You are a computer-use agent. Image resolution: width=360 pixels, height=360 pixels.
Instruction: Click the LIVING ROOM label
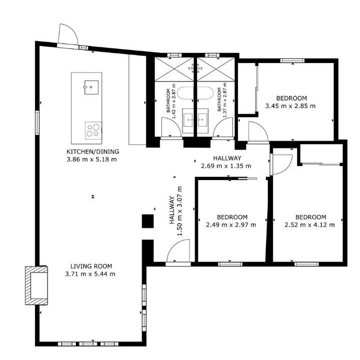click(x=91, y=266)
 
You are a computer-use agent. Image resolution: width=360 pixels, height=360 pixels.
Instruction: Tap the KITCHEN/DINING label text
click(x=93, y=151)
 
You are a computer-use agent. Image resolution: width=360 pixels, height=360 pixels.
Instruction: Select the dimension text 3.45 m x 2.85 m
click(x=290, y=106)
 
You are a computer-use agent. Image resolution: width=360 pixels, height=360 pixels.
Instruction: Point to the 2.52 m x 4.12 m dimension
click(x=309, y=225)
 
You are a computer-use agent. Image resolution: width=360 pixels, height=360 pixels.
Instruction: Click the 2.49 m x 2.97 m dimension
click(x=231, y=225)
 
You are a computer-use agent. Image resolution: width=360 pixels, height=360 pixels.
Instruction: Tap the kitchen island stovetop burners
click(x=93, y=130)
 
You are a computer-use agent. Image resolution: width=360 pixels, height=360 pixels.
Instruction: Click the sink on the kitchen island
click(x=91, y=87)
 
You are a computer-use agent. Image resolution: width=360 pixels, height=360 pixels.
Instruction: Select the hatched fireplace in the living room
click(x=36, y=285)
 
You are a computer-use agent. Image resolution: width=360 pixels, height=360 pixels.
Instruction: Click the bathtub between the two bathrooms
click(x=195, y=93)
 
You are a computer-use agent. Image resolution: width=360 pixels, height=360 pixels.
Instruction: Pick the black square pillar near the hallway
click(x=147, y=221)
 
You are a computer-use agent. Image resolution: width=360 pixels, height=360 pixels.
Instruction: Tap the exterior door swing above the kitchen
click(x=68, y=34)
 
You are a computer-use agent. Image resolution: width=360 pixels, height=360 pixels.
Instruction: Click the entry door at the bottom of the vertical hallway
click(x=178, y=251)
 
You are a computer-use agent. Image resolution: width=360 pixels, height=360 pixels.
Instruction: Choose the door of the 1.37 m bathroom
click(x=223, y=127)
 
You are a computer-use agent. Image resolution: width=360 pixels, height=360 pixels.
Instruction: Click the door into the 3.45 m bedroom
click(x=258, y=132)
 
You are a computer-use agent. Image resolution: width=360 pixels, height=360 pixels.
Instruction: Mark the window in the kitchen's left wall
click(x=37, y=122)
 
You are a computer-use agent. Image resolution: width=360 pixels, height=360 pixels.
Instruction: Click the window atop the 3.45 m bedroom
click(x=292, y=61)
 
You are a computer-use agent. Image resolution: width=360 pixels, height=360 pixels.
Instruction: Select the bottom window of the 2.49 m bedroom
click(x=230, y=264)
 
